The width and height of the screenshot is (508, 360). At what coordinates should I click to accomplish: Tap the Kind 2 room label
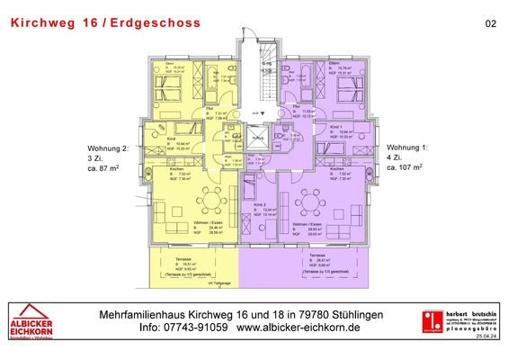click(x=259, y=206)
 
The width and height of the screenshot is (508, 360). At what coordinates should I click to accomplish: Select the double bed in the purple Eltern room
click(x=345, y=91)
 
